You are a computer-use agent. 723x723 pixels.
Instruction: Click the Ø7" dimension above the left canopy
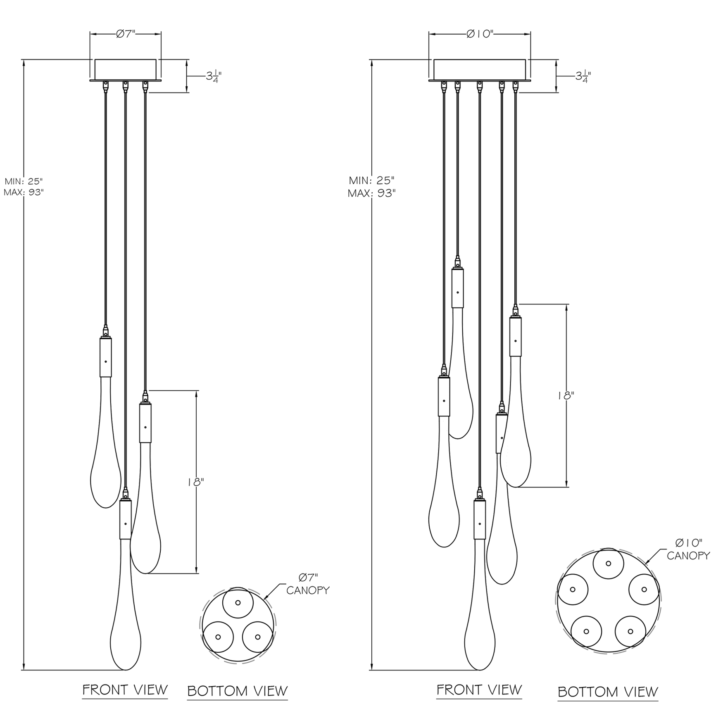click(x=126, y=34)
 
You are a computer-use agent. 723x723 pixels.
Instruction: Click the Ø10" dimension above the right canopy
click(x=480, y=34)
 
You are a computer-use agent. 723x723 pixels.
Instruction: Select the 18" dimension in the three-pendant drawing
click(x=195, y=482)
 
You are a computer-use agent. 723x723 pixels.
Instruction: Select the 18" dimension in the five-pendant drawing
click(x=565, y=395)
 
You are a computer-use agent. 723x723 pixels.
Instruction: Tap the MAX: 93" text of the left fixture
click(x=24, y=192)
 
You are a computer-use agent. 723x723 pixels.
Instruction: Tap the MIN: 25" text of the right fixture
click(x=372, y=180)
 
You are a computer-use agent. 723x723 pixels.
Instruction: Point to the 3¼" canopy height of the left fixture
click(x=214, y=76)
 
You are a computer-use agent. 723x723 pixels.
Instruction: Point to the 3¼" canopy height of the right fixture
click(x=583, y=76)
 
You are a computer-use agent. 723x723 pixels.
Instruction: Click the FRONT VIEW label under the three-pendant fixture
click(x=125, y=690)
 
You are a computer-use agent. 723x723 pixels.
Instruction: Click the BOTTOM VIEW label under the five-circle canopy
click(x=608, y=692)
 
